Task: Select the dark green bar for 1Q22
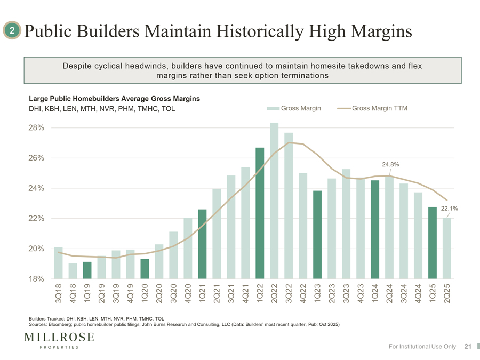[x=260, y=213]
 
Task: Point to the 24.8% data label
[x=391, y=164]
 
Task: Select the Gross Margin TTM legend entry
[x=379, y=108]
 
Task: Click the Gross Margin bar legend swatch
[x=274, y=108]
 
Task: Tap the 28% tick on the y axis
[x=36, y=128]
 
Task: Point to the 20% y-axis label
[x=36, y=249]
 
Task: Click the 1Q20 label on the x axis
[x=145, y=293]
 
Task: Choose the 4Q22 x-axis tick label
[x=303, y=293]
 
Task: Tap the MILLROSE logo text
[x=59, y=337]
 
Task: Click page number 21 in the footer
[x=468, y=347]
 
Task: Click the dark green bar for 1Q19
[x=87, y=270]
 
